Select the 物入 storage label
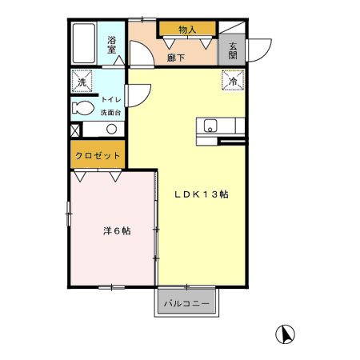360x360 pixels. click(x=187, y=30)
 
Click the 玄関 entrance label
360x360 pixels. click(x=231, y=50)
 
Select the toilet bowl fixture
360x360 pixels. click(x=82, y=108)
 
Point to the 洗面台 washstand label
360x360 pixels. click(x=110, y=111)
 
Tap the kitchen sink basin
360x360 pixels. click(x=210, y=125)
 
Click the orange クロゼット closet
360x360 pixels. click(x=98, y=154)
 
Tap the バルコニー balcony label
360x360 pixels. click(x=187, y=304)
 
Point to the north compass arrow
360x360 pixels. click(x=284, y=334)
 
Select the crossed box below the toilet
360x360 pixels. click(x=75, y=130)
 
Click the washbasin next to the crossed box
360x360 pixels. click(x=103, y=130)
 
